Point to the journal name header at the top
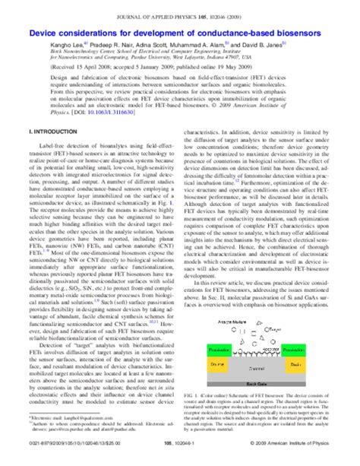[x=179, y=11]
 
